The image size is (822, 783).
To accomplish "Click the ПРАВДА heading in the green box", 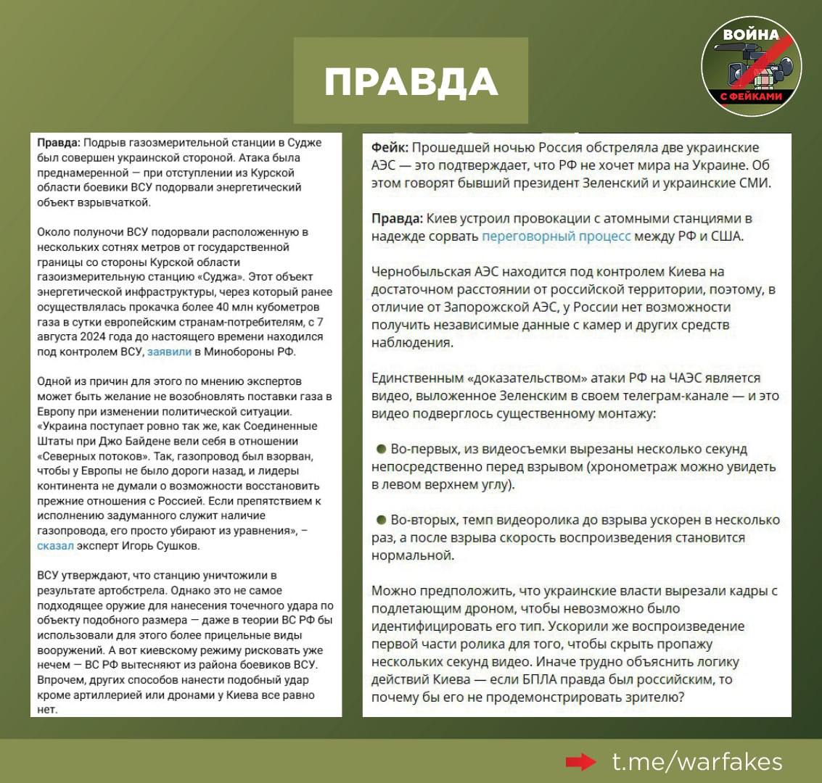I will point(411,81).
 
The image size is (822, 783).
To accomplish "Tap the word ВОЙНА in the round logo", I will point(751,34).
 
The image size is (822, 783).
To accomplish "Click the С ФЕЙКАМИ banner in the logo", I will point(751,96).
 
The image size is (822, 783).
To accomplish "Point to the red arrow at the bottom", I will point(580,761).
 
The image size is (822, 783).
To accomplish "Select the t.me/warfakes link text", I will point(697,761).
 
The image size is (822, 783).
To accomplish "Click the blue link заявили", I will point(169,352).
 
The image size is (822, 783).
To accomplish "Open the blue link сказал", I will point(55,546).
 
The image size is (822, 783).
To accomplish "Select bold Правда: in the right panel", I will point(397,218).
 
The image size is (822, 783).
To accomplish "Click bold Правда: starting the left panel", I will point(59,143).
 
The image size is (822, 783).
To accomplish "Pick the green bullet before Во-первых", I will point(381,449).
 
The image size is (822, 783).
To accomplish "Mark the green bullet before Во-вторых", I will point(381,520).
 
